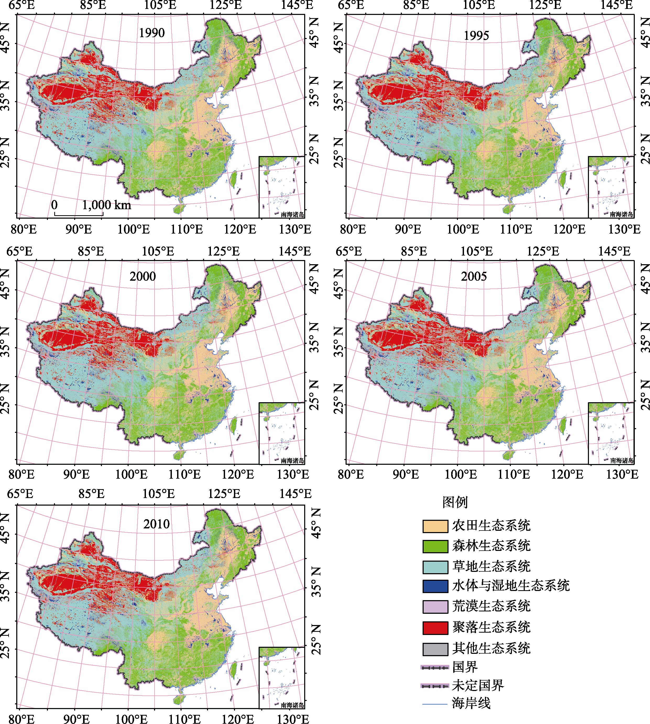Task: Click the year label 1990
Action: pos(152,33)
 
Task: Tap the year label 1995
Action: pos(476,36)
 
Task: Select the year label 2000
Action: pos(143,276)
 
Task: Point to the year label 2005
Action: pos(474,276)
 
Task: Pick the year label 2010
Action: pos(156,524)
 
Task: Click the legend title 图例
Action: pos(455,502)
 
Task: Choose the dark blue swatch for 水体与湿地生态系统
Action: pos(435,587)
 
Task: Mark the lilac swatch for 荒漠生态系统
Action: pos(435,607)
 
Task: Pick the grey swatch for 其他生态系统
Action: pos(435,649)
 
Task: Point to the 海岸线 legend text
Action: pos(471,703)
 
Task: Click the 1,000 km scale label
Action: pos(106,205)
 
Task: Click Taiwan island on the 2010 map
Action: pos(234,670)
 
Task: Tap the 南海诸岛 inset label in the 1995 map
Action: pos(621,214)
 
